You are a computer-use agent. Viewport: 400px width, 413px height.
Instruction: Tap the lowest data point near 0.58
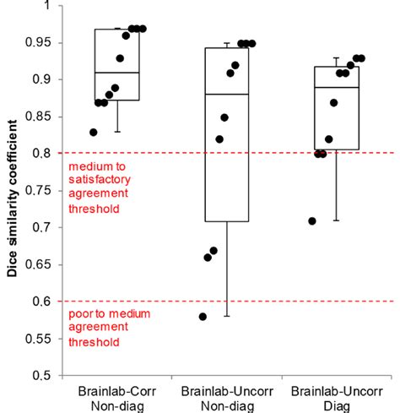[203, 316]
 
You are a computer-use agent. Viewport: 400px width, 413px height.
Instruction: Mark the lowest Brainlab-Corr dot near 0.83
[93, 132]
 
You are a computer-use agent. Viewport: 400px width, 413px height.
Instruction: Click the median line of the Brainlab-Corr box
[117, 73]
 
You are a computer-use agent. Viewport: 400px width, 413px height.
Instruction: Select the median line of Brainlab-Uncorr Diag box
[336, 87]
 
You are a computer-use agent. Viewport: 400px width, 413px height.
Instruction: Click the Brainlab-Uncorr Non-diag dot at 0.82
[220, 139]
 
